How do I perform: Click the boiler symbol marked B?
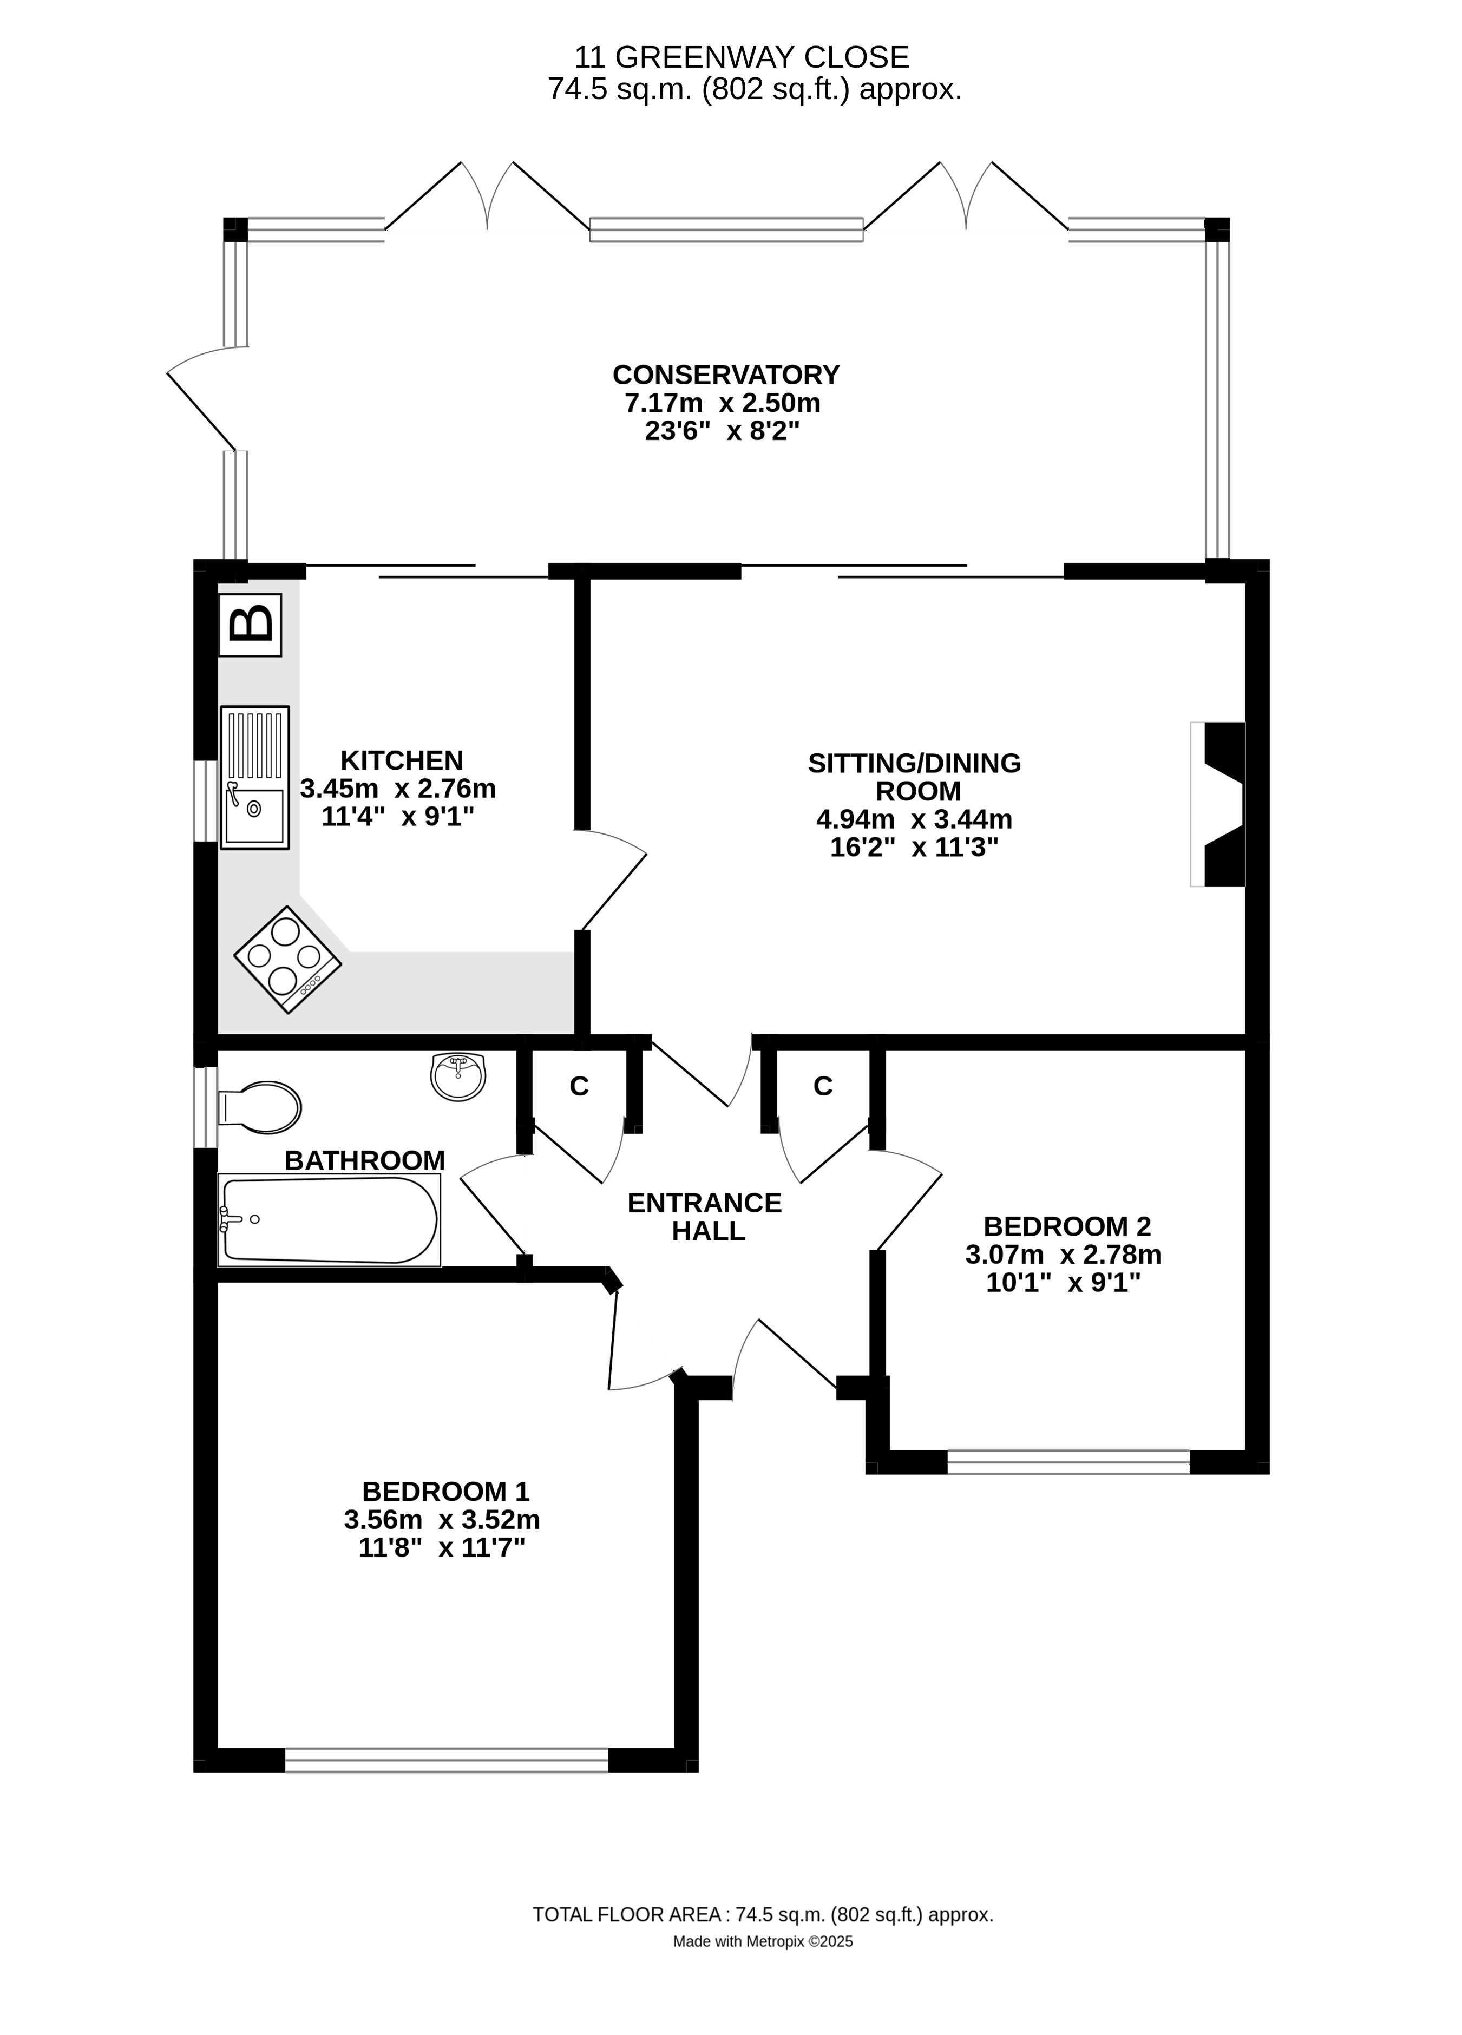click(x=251, y=625)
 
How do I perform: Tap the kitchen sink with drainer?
click(x=255, y=777)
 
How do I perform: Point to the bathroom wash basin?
click(x=458, y=1076)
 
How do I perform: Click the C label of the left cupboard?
click(x=579, y=1087)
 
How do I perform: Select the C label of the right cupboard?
click(x=823, y=1087)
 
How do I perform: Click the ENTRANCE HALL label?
click(x=705, y=1216)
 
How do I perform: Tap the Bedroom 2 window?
click(x=1068, y=1462)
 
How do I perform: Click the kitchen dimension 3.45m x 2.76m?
click(x=398, y=789)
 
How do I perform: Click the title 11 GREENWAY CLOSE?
click(x=742, y=57)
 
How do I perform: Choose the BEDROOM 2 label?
click(x=1067, y=1226)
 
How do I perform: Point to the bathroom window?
click(x=206, y=1107)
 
